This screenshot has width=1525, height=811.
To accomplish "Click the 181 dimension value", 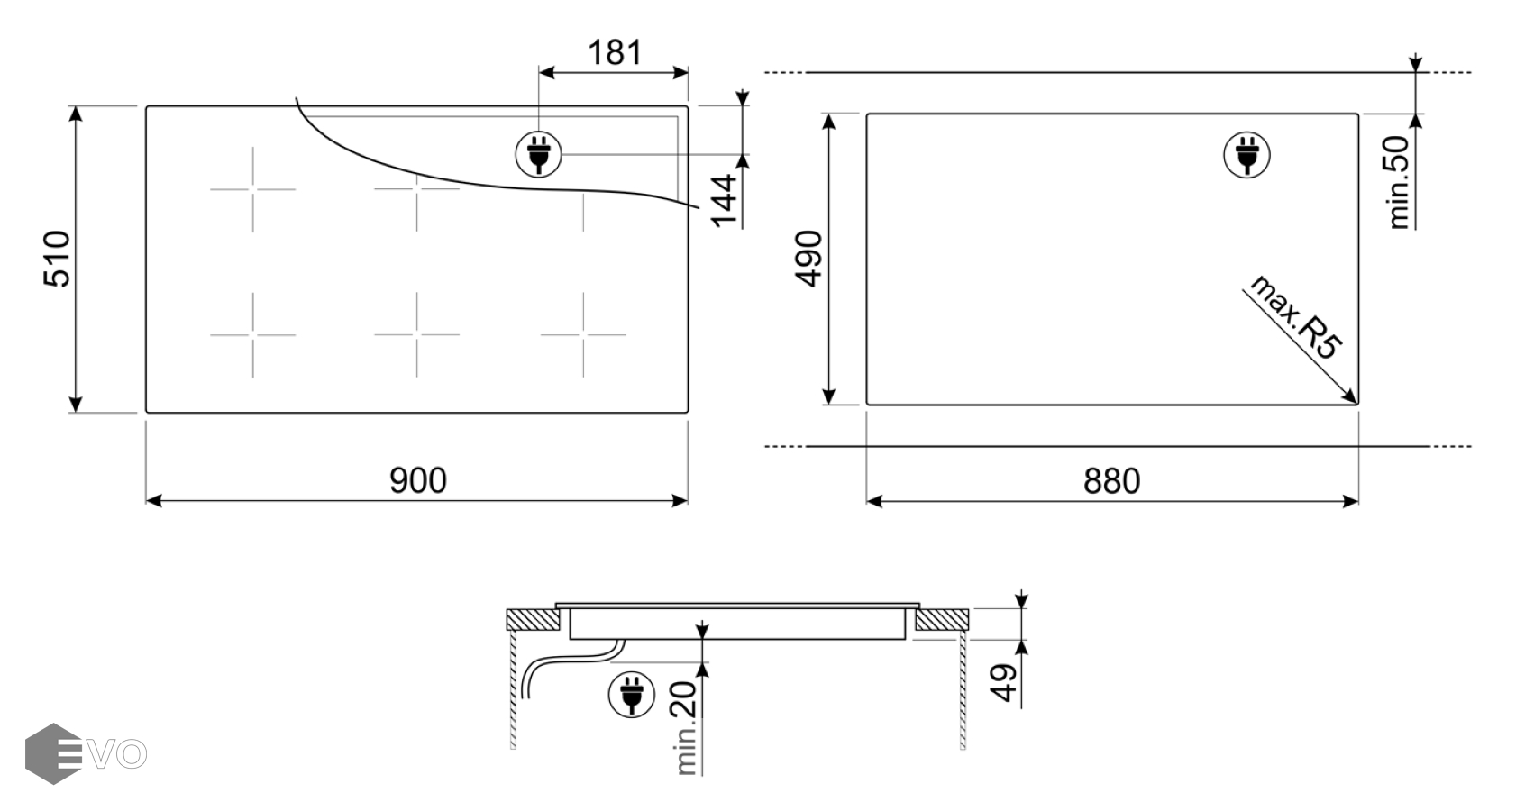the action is (614, 52).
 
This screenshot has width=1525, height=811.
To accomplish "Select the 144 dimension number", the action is (724, 200).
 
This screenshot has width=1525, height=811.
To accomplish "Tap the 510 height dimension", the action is (57, 259).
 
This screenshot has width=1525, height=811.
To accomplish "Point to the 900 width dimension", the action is (418, 481).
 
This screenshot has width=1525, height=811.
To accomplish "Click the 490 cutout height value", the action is (809, 259).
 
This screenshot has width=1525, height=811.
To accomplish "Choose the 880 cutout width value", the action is (1111, 481).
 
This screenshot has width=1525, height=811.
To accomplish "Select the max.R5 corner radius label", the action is (1294, 317).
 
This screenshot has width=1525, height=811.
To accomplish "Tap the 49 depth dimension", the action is (1004, 682).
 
